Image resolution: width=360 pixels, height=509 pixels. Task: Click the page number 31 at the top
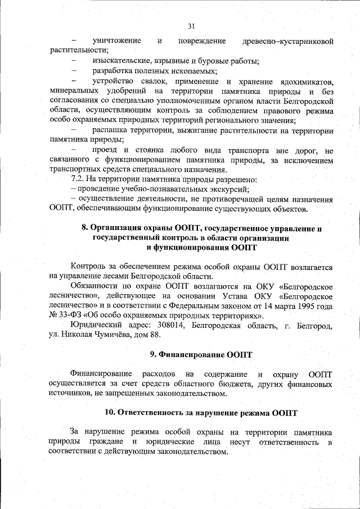coord(191,26)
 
